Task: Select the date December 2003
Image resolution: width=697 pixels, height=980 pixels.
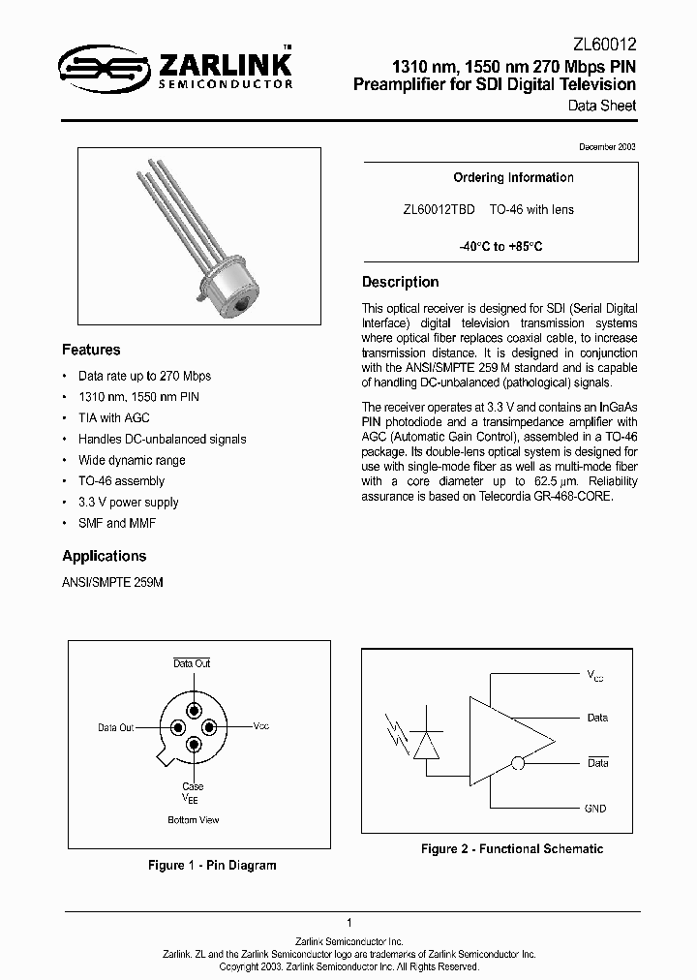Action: point(607,145)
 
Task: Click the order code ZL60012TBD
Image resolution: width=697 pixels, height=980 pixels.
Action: point(439,209)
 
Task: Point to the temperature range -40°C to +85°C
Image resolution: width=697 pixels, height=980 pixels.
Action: point(500,246)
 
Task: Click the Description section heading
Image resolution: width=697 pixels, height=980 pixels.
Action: point(400,282)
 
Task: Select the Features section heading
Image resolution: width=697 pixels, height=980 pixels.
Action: point(91,350)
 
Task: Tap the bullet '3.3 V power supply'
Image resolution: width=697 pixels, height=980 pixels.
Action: point(128,502)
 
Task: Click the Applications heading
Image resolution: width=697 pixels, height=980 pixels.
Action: point(104,556)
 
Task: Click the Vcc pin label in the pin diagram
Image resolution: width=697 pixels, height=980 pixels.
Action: point(261,726)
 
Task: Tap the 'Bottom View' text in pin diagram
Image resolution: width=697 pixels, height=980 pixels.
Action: point(194,819)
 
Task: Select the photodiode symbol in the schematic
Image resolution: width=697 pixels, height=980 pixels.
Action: point(424,743)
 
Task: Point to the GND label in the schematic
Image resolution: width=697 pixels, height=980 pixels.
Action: point(596,807)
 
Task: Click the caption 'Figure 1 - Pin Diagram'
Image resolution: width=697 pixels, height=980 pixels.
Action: point(212,865)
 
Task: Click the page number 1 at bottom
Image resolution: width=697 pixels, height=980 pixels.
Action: point(348,923)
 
